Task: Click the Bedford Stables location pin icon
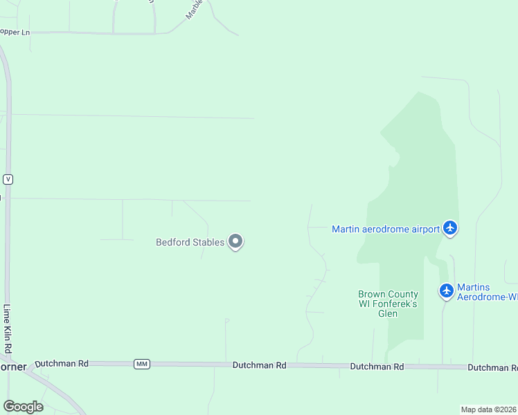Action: pyautogui.click(x=235, y=241)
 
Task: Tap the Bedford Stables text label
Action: pyautogui.click(x=190, y=242)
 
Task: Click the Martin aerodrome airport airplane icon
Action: pyautogui.click(x=450, y=228)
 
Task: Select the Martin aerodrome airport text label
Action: pyautogui.click(x=386, y=229)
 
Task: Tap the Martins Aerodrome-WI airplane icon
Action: pyautogui.click(x=446, y=291)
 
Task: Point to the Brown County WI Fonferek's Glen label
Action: pyautogui.click(x=388, y=304)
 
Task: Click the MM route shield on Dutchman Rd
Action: pyautogui.click(x=141, y=364)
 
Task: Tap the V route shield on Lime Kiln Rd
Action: pyautogui.click(x=8, y=179)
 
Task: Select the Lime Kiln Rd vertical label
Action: pyautogui.click(x=8, y=329)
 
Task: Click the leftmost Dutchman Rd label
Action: pyautogui.click(x=62, y=362)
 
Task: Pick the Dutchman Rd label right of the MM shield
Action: pyautogui.click(x=260, y=365)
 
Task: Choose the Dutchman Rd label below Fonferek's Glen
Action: pyautogui.click(x=377, y=366)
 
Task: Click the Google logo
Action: pyautogui.click(x=23, y=407)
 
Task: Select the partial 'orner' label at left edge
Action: pyautogui.click(x=12, y=367)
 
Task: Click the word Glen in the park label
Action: pyautogui.click(x=388, y=313)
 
